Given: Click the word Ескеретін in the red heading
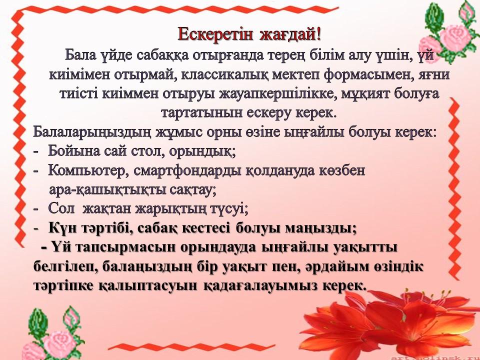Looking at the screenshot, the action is (x=215, y=34).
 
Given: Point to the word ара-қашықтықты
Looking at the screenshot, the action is (x=106, y=190).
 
